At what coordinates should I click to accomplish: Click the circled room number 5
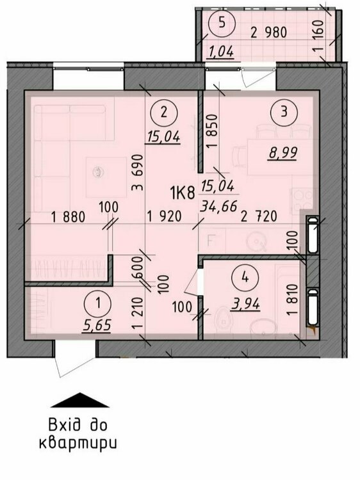[x=222, y=24]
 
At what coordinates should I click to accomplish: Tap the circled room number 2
[x=164, y=113]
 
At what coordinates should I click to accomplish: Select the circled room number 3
[x=284, y=112]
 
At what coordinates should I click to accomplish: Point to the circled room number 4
[x=245, y=278]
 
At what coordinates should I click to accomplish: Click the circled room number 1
[x=98, y=303]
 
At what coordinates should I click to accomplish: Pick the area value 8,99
[x=282, y=152]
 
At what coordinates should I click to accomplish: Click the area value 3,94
[x=246, y=304]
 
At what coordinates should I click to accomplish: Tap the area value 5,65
[x=97, y=325]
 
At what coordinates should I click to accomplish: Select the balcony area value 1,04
[x=221, y=51]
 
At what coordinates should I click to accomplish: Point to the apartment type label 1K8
[x=183, y=193]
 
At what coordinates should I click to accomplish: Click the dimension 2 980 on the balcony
[x=268, y=33]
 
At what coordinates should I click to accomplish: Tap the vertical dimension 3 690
[x=138, y=173]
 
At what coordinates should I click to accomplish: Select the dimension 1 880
[x=68, y=217]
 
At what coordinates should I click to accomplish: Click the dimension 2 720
[x=259, y=216]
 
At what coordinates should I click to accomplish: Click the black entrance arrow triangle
[x=79, y=400]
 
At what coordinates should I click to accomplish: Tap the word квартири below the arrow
[x=78, y=443]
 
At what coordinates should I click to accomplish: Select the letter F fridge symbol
[x=211, y=241]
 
